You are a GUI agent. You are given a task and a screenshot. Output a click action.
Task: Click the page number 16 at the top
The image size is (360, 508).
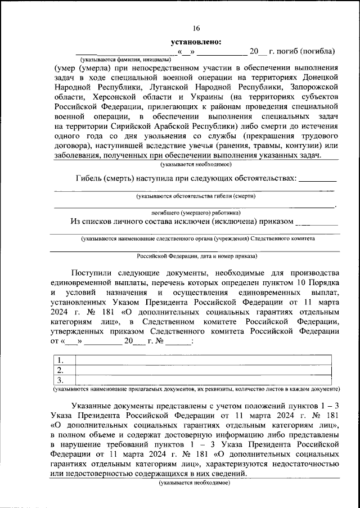pos(196,29)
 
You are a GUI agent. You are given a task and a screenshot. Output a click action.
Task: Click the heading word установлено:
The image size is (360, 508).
pos(196,41)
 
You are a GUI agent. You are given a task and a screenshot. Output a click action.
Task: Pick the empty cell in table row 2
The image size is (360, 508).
pos(203,370)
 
